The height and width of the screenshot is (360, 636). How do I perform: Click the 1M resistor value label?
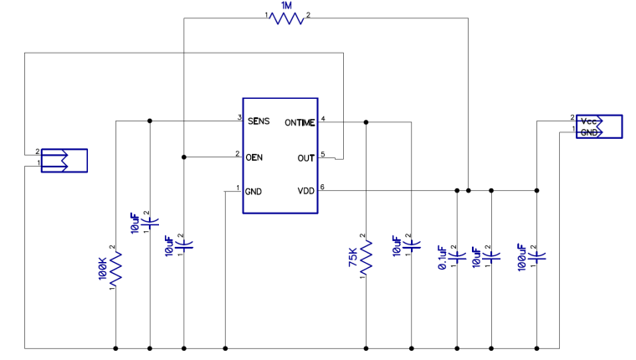tap(286, 6)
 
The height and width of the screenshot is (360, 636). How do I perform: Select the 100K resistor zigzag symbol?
tap(115, 269)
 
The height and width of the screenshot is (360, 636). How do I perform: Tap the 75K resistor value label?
tap(353, 258)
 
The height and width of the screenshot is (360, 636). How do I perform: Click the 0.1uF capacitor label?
tap(442, 258)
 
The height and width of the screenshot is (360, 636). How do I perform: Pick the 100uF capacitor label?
tap(521, 258)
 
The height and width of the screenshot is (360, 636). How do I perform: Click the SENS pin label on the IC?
tap(259, 121)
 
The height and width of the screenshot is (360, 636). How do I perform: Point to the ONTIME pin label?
tap(300, 122)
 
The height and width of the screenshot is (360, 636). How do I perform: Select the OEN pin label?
tap(254, 157)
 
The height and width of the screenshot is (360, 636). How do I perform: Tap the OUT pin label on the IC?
tap(305, 158)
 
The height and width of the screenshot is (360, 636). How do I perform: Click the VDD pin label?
tap(305, 191)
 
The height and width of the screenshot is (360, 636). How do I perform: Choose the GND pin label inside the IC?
tap(253, 192)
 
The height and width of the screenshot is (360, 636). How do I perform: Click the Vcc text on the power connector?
tap(588, 121)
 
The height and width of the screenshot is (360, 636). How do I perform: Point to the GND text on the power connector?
tap(589, 133)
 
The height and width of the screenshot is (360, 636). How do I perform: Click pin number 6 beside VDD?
tap(322, 187)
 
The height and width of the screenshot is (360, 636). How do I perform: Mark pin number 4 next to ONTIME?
tap(323, 119)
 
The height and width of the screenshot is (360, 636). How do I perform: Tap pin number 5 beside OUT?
tap(323, 154)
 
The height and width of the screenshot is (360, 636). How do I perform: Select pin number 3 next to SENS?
tap(239, 118)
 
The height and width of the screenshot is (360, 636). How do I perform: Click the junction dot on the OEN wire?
tap(184, 157)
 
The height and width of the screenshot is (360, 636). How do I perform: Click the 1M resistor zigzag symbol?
tap(287, 18)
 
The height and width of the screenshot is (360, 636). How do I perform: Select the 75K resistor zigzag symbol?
tap(366, 257)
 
